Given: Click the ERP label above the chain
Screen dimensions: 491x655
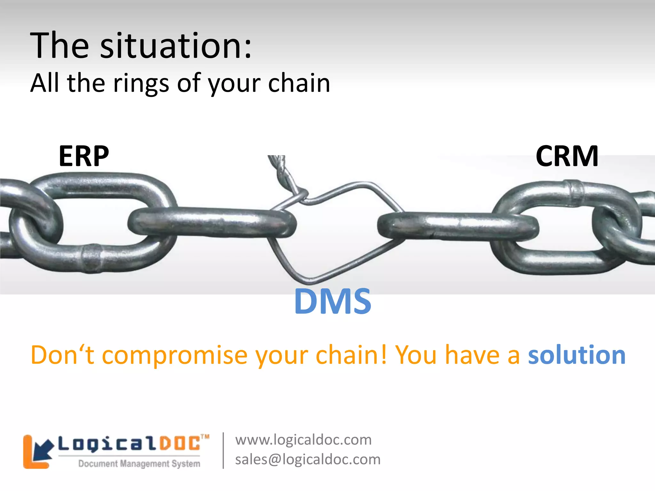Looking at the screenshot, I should (84, 156).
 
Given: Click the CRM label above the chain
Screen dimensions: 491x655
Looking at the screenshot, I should (567, 156).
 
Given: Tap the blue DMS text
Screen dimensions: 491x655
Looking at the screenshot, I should (333, 301).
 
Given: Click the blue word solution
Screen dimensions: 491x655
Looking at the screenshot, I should (577, 355).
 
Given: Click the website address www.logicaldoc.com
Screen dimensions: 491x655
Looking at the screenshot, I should (303, 440).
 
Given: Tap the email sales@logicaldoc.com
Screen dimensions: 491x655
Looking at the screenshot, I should (308, 459).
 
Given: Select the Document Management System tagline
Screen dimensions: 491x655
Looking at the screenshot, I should (139, 464).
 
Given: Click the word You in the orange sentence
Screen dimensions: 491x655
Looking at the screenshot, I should (416, 355).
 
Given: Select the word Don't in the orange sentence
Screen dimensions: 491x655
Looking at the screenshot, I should (62, 355).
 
